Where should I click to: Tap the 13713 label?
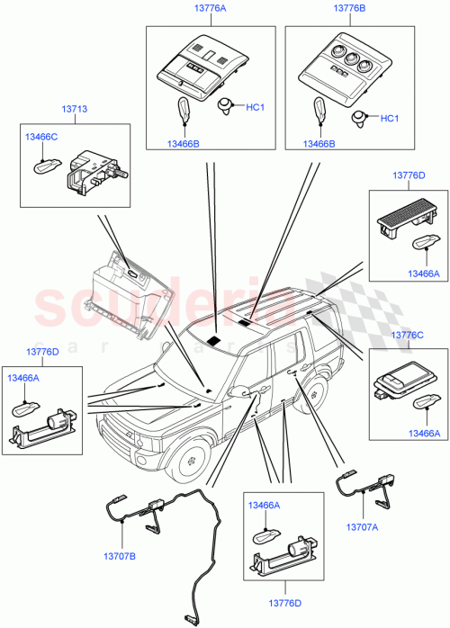point(74,110)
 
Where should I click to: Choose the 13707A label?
point(363,528)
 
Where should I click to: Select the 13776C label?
point(405,335)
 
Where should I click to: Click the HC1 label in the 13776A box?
point(255,108)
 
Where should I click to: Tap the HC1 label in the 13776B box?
point(390,118)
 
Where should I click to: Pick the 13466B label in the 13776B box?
point(320,143)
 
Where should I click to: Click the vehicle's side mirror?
point(240,392)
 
